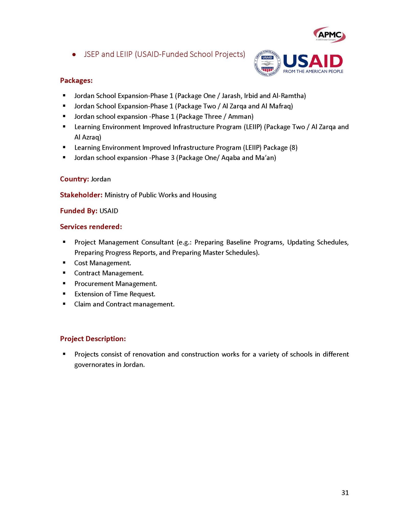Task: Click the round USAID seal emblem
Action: tap(267, 63)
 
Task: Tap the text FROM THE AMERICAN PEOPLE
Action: tap(313, 71)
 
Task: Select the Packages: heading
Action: tap(76, 81)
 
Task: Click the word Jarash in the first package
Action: tap(231, 96)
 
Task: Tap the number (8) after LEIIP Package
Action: tap(293, 148)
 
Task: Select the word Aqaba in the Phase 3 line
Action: tap(231, 158)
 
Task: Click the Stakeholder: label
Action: tap(81, 195)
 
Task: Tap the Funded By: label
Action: tap(78, 211)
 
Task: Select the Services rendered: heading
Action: tap(91, 227)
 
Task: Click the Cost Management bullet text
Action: tap(103, 263)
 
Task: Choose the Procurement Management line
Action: tap(116, 284)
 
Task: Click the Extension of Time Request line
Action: tap(115, 294)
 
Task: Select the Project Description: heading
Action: tap(93, 339)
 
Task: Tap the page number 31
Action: tap(345, 493)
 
